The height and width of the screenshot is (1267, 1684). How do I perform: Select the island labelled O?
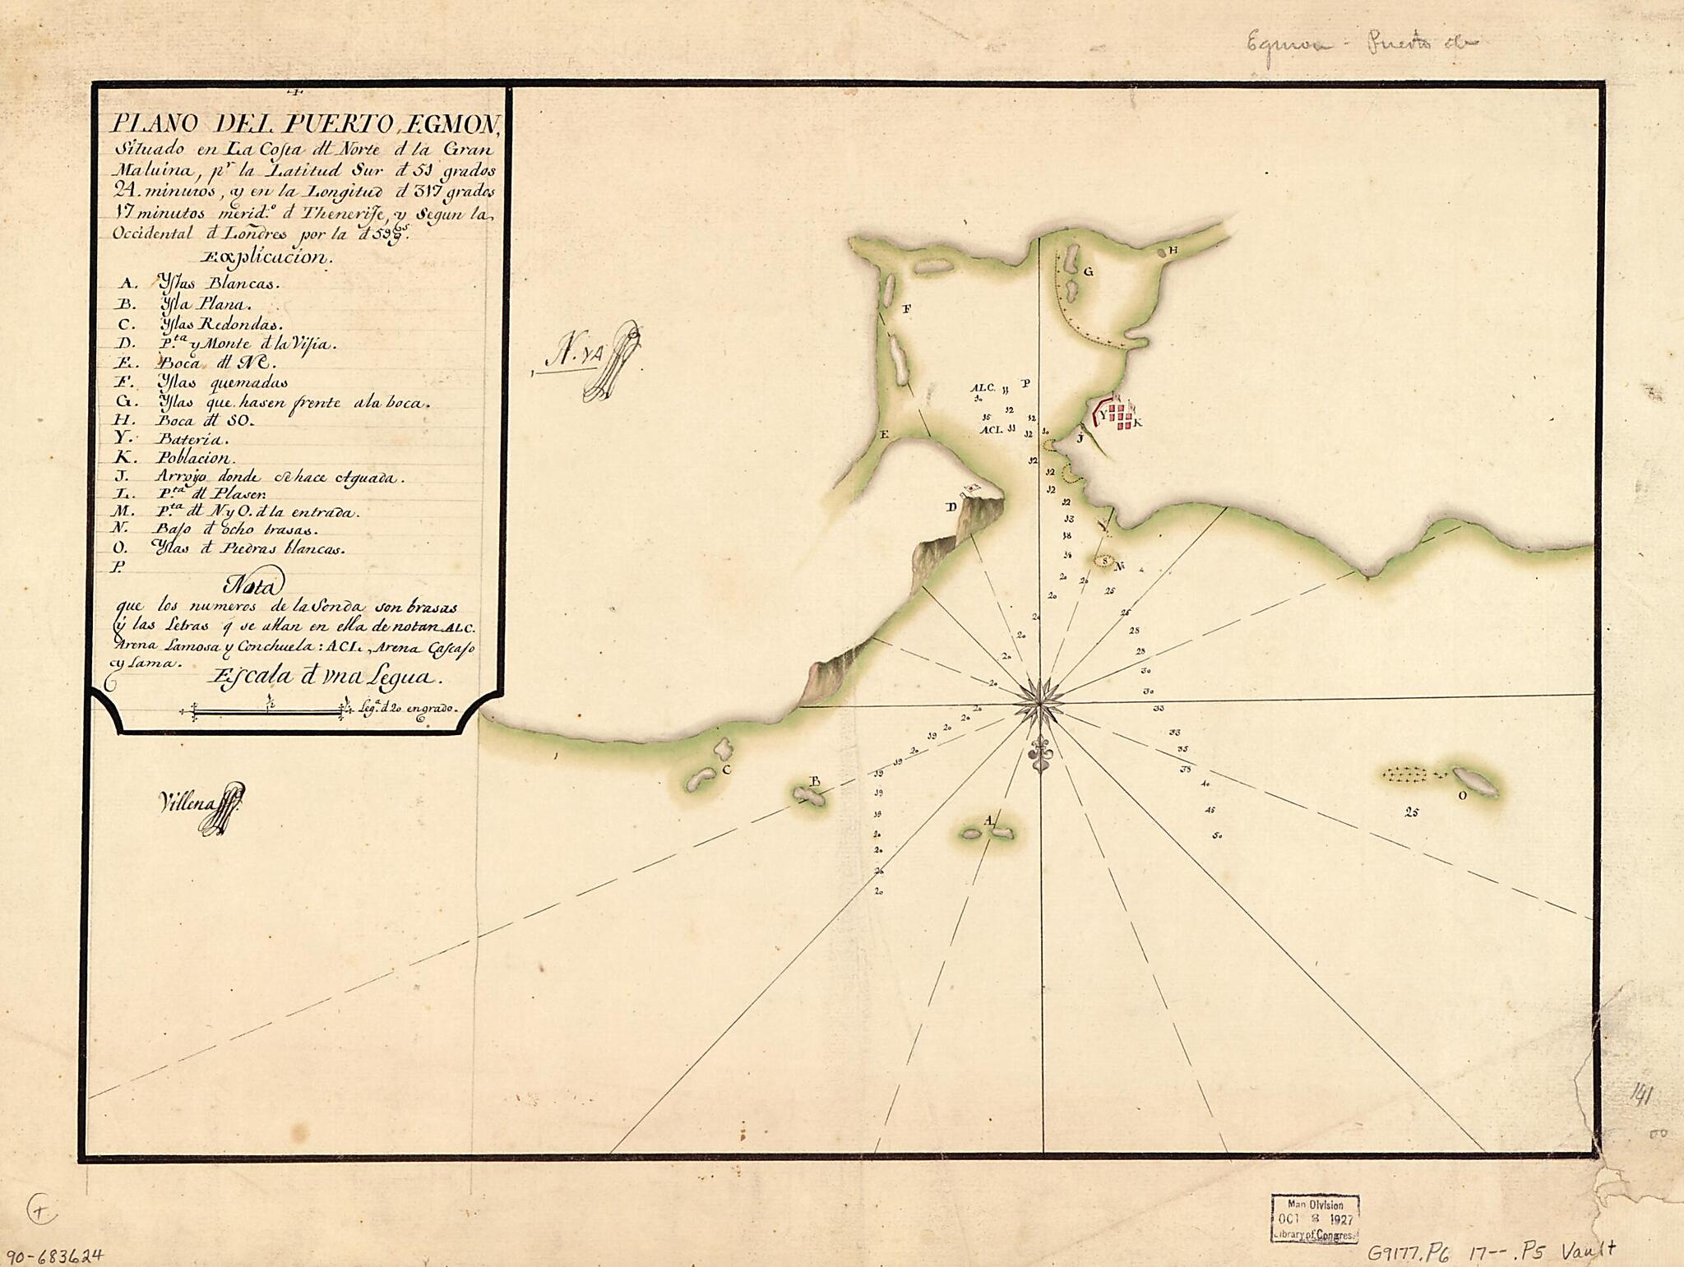(1474, 781)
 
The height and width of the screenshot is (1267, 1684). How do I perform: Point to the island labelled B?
(809, 794)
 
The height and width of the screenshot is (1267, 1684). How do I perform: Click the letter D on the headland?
(951, 507)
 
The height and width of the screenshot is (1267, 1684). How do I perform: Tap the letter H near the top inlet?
(1173, 250)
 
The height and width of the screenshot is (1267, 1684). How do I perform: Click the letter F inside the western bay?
(907, 309)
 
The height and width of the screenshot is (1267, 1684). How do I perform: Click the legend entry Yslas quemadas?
(222, 382)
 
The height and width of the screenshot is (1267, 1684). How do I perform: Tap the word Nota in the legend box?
(253, 585)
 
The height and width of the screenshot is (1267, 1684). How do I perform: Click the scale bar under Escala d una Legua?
(268, 711)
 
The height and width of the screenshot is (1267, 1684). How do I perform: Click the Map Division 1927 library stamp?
(1314, 1218)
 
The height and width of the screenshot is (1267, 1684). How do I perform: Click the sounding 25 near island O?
(1411, 812)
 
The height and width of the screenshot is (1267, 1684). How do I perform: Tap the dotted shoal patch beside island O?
(1409, 774)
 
